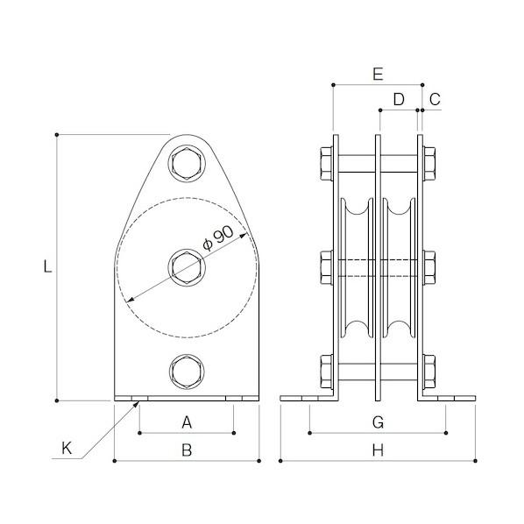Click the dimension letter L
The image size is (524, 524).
coord(48,266)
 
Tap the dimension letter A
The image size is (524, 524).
coord(187,422)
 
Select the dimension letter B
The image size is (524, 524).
coord(187,450)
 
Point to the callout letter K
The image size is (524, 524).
coord(67,448)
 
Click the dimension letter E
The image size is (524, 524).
coord(378,74)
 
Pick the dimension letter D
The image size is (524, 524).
coord(399,99)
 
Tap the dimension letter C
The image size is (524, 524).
coord(435,99)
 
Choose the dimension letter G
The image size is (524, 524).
coord(378,422)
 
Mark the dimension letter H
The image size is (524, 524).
coord(378,450)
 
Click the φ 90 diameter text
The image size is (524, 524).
coord(218,238)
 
